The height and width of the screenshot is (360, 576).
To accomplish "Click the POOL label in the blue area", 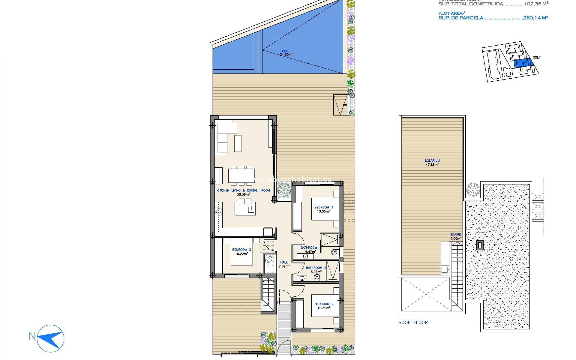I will coord(286,51).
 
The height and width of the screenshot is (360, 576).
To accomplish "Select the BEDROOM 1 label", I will coord(323,207).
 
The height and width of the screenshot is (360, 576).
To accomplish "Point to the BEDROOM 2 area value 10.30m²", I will coord(324,308).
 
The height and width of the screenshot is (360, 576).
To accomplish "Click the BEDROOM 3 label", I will coord(241,250).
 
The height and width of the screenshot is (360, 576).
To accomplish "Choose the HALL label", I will coord(284,262).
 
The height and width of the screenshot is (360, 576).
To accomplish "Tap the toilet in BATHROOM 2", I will coord(317,277).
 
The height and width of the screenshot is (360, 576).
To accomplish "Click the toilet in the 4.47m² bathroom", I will coord(335,252).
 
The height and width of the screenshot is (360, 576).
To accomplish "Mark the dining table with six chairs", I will coord(241,175).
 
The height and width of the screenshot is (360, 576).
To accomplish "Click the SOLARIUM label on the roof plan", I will coord(432,161).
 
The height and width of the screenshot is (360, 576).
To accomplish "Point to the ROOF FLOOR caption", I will coord(413,322).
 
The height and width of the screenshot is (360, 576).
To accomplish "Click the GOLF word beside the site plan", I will coord(536,57).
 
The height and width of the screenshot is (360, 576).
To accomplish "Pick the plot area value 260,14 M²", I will coord(535,18).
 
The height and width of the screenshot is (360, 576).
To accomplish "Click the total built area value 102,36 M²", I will coord(536,4).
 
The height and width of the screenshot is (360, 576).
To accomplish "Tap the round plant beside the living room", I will coord(284,190).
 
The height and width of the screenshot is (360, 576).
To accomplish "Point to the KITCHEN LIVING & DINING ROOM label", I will coord(243,190).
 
